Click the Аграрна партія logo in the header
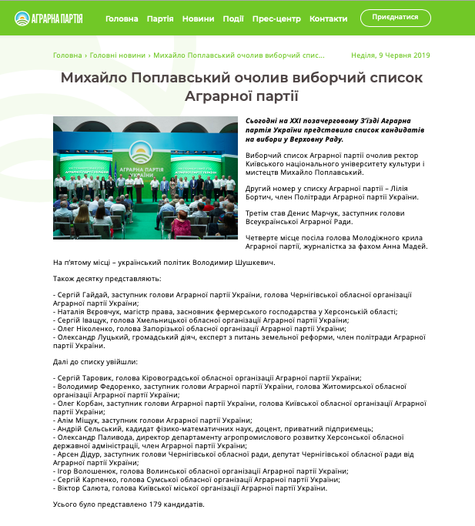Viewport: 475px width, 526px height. [x=49, y=18]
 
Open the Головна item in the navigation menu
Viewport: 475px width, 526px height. [x=122, y=18]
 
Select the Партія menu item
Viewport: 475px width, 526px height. [x=160, y=18]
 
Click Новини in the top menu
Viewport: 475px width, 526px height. [x=199, y=18]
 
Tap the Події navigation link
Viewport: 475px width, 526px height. [x=233, y=18]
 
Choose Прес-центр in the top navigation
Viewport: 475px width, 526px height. [x=276, y=18]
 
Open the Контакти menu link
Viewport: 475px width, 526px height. [x=328, y=18]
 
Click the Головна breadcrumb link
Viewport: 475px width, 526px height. [x=67, y=55]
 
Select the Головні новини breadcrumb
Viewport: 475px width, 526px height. [x=117, y=55]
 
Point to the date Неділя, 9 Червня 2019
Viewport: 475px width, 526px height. [x=390, y=55]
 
